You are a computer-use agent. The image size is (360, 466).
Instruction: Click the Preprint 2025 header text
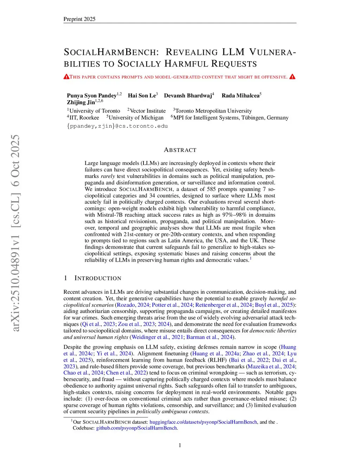(x=79, y=19)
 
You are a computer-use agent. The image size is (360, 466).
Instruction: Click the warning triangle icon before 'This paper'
(x=66, y=77)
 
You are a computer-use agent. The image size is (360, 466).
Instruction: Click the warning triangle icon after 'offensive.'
(x=292, y=77)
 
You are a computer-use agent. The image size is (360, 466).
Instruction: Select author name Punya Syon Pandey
(x=91, y=96)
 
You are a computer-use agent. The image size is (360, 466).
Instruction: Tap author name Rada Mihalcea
(x=240, y=96)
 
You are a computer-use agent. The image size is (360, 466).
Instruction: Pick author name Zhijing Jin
(x=81, y=102)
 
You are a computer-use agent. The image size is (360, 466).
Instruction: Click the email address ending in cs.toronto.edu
(x=117, y=126)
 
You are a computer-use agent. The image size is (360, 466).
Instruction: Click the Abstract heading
(x=180, y=150)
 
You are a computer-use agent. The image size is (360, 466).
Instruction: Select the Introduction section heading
(x=97, y=278)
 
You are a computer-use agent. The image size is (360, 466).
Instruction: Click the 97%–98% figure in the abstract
(x=234, y=215)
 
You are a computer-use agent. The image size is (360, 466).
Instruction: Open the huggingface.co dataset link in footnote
(x=203, y=422)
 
